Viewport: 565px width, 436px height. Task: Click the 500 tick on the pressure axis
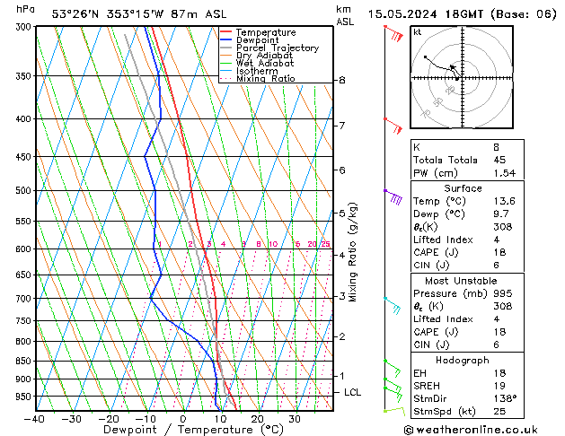(x=24, y=191)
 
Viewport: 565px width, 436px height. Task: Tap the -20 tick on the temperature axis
(x=109, y=419)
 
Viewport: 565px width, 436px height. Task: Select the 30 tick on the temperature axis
(x=294, y=419)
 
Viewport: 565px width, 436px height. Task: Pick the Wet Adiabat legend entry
(x=265, y=63)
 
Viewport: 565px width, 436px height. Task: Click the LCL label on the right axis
(x=353, y=392)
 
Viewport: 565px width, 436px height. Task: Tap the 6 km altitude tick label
(x=342, y=170)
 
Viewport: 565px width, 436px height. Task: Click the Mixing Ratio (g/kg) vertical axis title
(x=354, y=252)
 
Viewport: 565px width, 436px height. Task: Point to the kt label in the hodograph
(x=418, y=31)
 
